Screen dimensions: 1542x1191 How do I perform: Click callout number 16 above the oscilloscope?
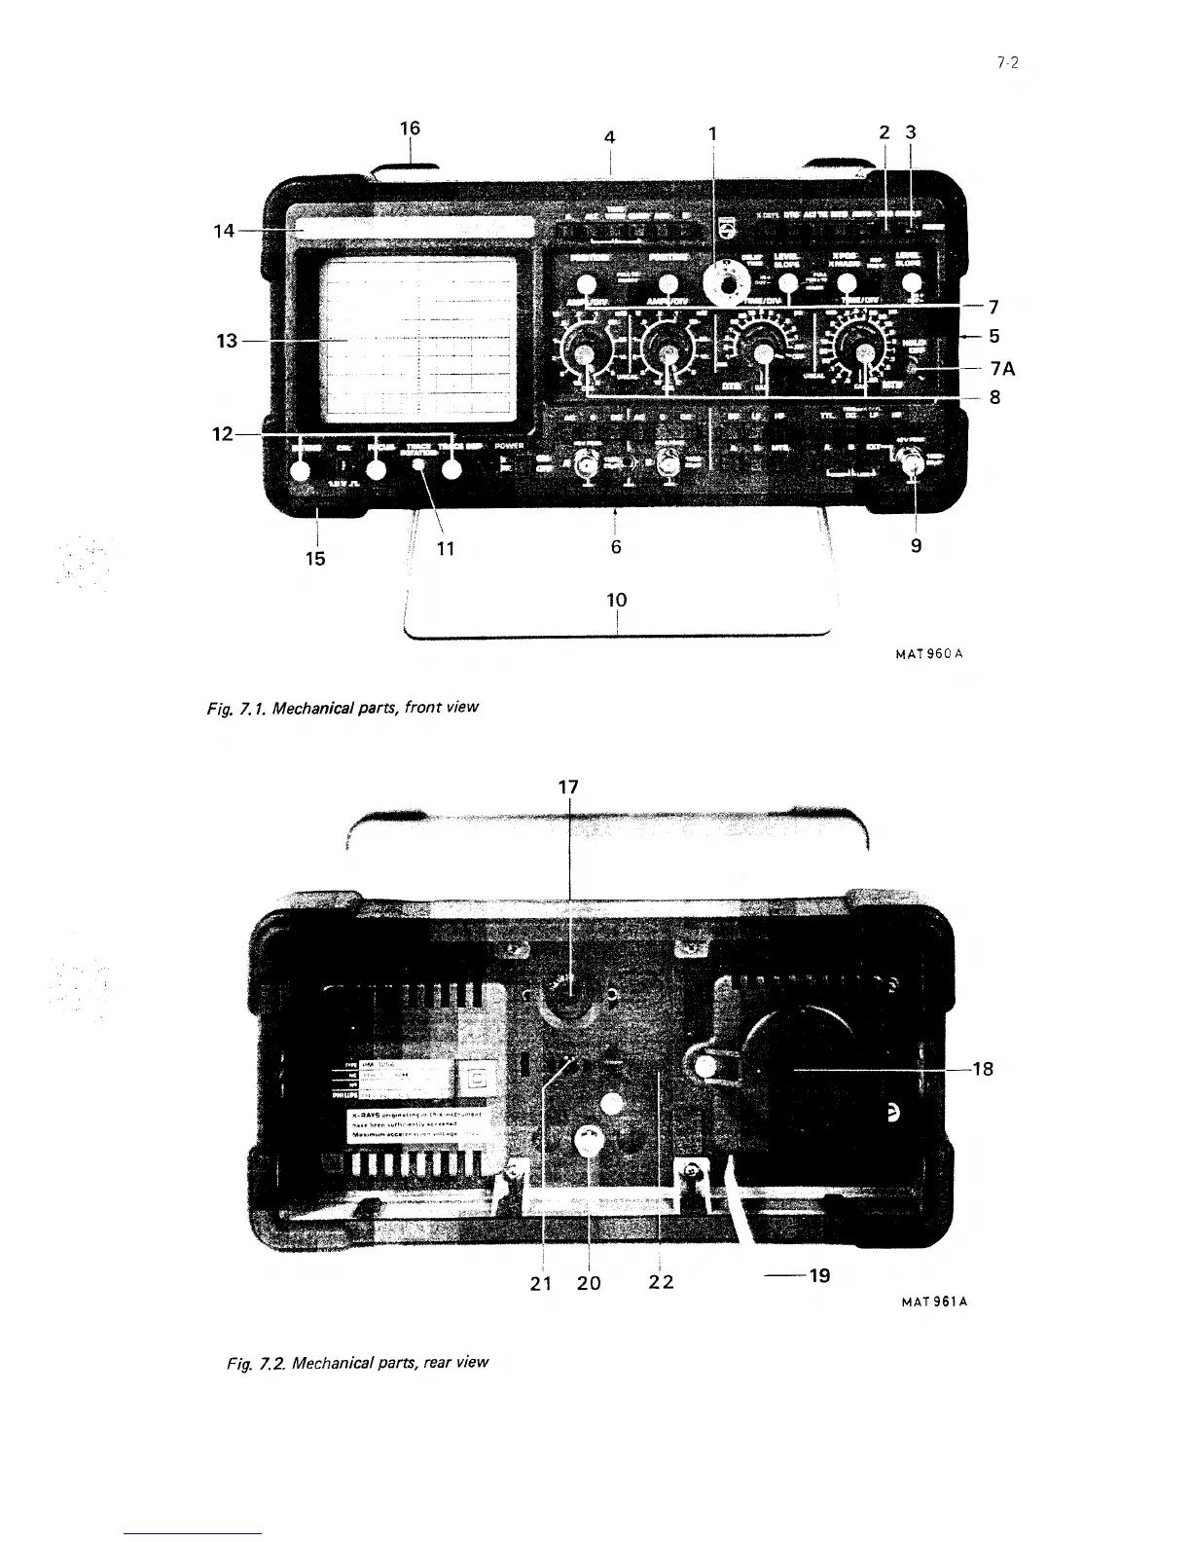[411, 128]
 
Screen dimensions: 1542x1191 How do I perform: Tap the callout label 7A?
[1002, 369]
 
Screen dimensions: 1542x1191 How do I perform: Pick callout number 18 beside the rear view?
[983, 1069]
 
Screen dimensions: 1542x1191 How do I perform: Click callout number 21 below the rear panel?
[541, 1282]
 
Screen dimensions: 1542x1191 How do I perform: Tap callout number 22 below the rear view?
[662, 1282]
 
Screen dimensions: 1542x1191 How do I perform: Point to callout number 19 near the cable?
[819, 1274]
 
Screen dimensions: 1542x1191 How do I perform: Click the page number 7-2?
[1007, 63]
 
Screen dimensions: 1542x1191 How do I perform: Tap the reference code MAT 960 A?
[928, 654]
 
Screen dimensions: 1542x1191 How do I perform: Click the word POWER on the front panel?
[510, 447]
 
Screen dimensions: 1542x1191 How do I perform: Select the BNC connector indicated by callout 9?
[913, 469]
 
